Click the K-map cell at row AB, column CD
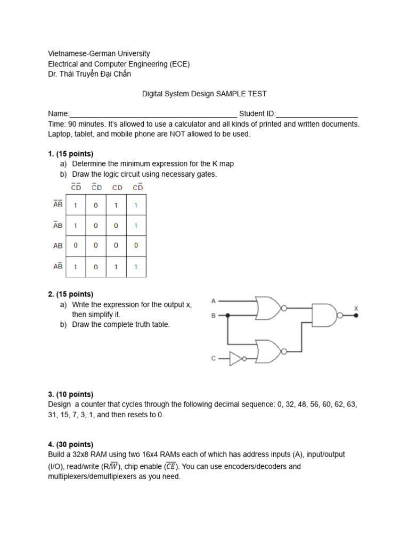point(116,246)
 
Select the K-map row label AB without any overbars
point(58,246)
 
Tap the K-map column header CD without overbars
point(117,187)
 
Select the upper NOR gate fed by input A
point(269,308)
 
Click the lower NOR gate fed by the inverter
point(269,351)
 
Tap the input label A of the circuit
point(214,301)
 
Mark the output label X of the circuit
point(356,308)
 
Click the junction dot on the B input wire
point(228,315)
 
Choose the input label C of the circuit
point(214,359)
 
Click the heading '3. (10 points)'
point(70,394)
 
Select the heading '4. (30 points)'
point(70,444)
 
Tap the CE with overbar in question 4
point(171,467)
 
